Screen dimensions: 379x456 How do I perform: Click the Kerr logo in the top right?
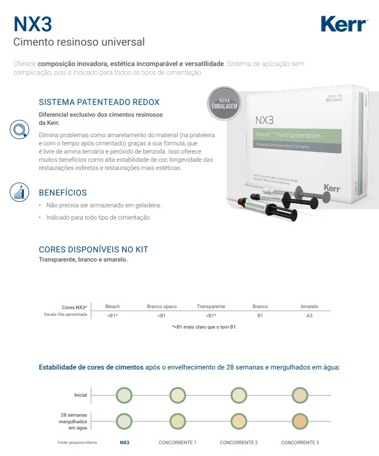coord(344,24)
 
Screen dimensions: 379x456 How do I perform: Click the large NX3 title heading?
coord(33,24)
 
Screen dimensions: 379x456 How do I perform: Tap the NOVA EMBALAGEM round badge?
coord(224,103)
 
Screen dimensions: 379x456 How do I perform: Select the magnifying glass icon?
coord(19,129)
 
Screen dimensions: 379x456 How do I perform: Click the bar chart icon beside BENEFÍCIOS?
coord(19,192)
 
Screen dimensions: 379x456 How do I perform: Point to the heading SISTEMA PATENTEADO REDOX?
coord(99,102)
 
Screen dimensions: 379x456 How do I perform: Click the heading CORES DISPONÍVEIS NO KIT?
coord(93,250)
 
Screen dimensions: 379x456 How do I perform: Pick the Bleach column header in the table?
coord(112,306)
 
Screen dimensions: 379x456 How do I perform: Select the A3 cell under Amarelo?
coord(309,316)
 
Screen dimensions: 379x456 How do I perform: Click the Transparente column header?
coord(211,306)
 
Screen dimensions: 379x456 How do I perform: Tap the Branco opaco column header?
coord(162,307)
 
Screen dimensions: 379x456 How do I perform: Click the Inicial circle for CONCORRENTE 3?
coord(300,395)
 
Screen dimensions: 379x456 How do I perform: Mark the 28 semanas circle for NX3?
coord(124,421)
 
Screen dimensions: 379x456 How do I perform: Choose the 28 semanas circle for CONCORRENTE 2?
coord(239,421)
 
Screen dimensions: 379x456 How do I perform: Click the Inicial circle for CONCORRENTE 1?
coord(177,395)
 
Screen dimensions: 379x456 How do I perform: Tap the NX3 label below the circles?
coord(125,442)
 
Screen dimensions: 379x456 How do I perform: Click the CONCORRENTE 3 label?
coord(300,442)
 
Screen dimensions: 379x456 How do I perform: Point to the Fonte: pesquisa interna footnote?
coord(77,442)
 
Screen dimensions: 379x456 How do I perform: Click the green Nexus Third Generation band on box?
coord(297,136)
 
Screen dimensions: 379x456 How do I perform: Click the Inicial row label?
coord(81,395)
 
